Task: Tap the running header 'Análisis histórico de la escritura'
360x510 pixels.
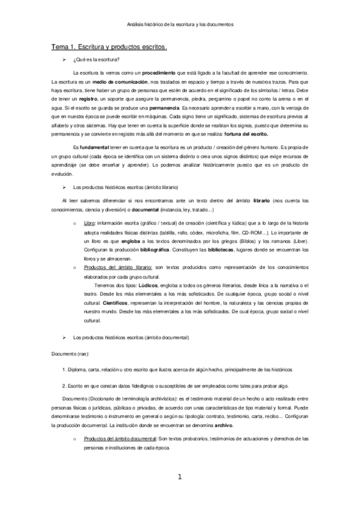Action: (x=180, y=25)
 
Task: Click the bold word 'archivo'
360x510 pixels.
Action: (x=221, y=425)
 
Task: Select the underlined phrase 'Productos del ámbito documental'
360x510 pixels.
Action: (x=117, y=439)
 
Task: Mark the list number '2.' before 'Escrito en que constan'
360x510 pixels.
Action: (x=64, y=383)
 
